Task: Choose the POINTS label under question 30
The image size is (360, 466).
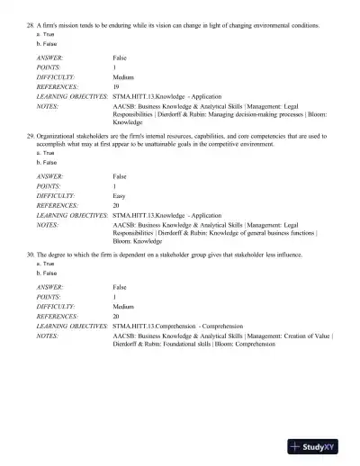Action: [x=50, y=296]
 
